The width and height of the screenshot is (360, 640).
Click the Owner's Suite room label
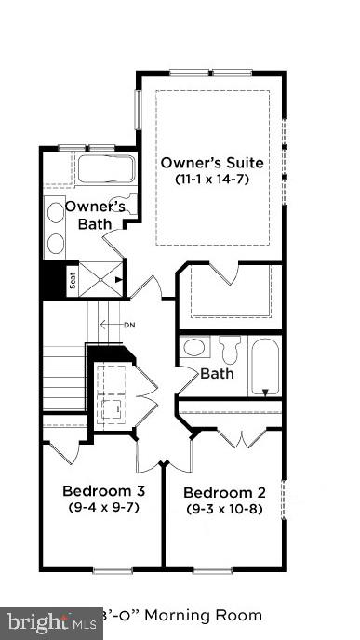coord(212,163)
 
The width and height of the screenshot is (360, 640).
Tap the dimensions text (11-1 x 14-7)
coord(212,179)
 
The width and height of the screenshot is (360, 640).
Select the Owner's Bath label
coord(95,215)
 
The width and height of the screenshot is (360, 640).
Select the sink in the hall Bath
coord(195,349)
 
